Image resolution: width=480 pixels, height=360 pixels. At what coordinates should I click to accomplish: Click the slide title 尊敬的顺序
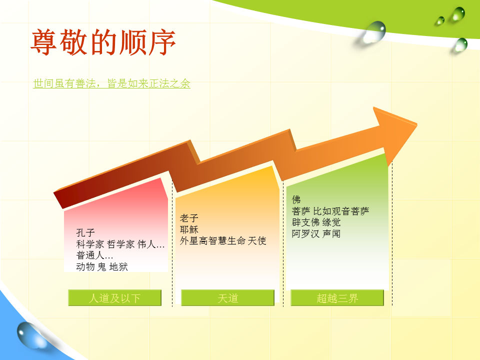(x=103, y=42)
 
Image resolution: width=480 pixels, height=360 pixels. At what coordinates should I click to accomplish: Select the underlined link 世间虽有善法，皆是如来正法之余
(x=111, y=83)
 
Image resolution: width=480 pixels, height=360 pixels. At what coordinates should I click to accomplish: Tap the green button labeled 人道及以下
(x=115, y=298)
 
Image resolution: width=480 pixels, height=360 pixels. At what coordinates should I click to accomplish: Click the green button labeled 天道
(x=228, y=298)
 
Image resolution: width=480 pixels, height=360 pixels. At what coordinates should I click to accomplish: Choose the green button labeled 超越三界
(x=337, y=298)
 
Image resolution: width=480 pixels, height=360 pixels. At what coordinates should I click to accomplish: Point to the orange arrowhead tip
(x=417, y=124)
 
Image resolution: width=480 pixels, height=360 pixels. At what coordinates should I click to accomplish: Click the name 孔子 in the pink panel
(x=85, y=232)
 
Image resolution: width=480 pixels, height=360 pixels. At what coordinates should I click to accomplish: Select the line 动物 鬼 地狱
(x=102, y=266)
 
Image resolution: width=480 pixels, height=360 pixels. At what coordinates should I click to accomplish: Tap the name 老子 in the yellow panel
(x=189, y=218)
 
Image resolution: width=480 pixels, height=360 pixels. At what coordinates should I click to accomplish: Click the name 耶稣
(x=189, y=229)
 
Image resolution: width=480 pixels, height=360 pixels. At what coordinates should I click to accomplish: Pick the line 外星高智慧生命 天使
(x=223, y=241)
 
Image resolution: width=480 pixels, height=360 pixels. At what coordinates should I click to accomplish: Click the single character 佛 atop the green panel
(x=296, y=199)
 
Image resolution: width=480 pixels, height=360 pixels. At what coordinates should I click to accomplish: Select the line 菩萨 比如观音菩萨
(x=330, y=211)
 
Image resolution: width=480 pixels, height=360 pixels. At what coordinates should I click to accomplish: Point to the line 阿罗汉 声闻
(x=316, y=234)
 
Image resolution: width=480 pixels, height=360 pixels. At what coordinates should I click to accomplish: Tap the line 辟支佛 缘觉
(x=316, y=222)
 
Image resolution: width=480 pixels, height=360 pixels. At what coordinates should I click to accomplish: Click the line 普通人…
(x=94, y=255)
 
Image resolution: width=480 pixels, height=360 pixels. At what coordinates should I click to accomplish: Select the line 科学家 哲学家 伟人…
(x=120, y=244)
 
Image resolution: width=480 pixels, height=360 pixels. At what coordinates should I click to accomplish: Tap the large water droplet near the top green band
(x=373, y=32)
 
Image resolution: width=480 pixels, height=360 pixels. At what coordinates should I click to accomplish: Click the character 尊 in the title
(x=43, y=42)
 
